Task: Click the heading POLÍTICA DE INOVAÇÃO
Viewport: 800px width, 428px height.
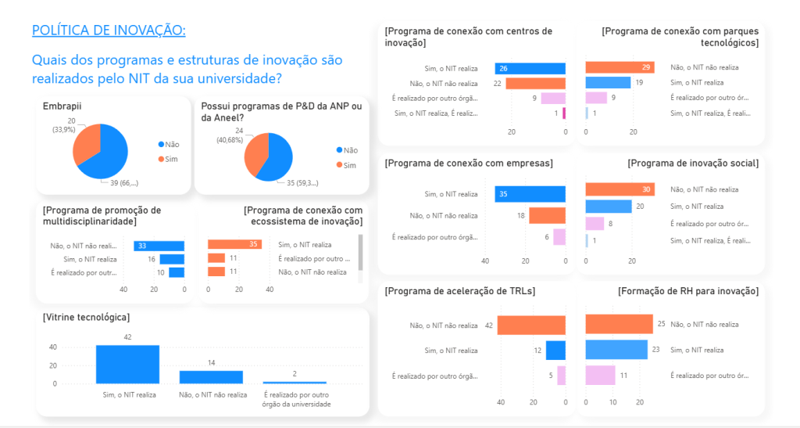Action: (109, 31)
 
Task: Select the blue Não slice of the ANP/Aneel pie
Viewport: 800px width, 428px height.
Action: (277, 160)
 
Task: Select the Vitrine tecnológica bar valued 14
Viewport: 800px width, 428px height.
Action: (211, 376)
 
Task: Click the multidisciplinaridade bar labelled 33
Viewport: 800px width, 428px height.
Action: (159, 246)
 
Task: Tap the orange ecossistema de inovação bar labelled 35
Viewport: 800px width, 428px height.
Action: (234, 244)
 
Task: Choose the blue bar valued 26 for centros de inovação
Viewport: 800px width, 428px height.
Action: (530, 69)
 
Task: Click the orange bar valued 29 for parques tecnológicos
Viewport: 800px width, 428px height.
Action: (619, 67)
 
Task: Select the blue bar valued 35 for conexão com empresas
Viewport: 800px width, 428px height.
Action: (530, 194)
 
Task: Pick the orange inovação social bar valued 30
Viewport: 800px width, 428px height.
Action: (620, 189)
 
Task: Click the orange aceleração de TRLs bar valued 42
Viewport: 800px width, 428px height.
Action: (530, 325)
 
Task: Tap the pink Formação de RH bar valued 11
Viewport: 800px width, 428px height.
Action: (600, 376)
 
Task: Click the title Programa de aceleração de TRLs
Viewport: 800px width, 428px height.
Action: (460, 291)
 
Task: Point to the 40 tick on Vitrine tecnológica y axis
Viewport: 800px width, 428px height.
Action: (53, 347)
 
